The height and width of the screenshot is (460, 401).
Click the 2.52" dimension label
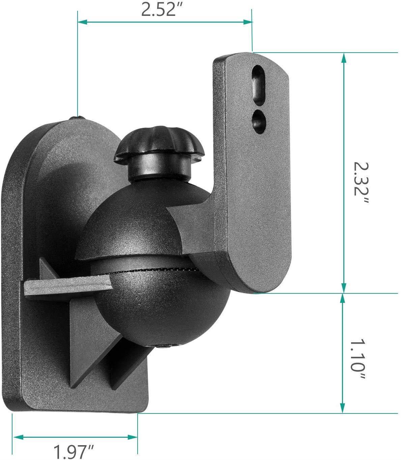(x=158, y=10)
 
